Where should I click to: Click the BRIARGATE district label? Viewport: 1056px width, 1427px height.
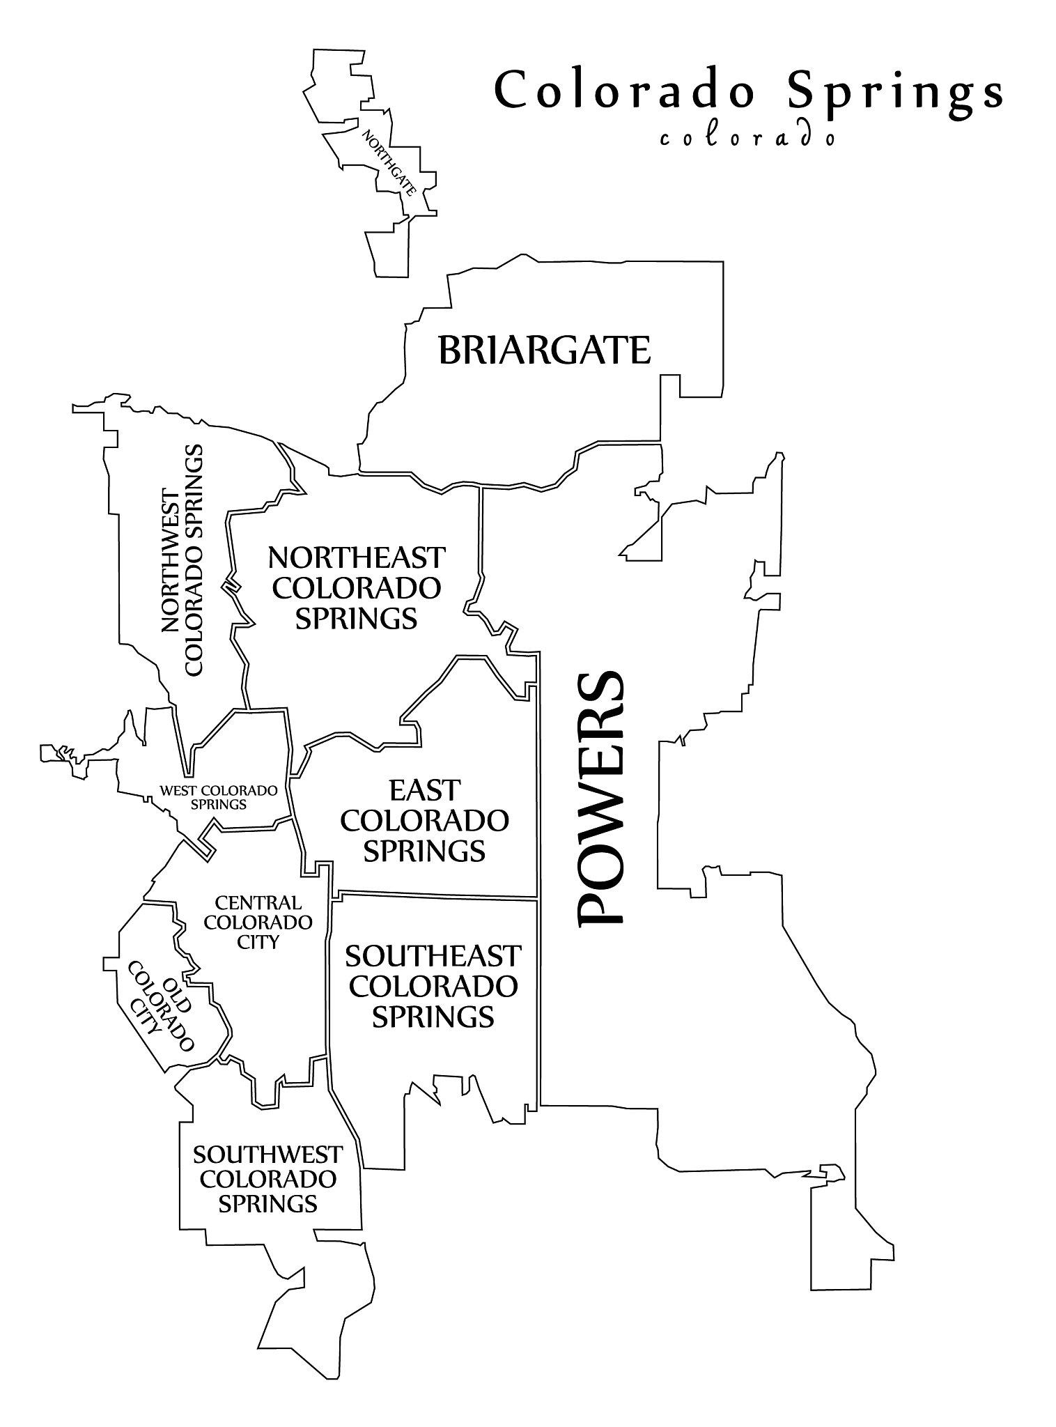[x=544, y=350]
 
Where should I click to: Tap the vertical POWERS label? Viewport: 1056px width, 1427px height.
[x=600, y=798]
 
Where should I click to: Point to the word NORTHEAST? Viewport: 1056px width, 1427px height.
[x=356, y=557]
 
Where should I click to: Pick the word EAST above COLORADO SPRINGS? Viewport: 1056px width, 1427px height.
[x=424, y=790]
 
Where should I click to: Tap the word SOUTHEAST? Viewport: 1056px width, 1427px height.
[x=433, y=955]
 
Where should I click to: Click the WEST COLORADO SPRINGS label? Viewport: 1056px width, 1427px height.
[x=219, y=797]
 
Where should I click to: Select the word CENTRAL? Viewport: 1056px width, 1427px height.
[x=258, y=902]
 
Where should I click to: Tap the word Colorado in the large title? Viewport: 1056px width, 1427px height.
[x=624, y=90]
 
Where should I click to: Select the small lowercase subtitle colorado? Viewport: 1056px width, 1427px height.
[x=747, y=137]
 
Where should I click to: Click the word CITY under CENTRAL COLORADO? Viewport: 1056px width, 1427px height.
[x=258, y=941]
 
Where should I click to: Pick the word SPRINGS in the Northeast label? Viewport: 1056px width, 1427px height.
[x=356, y=618]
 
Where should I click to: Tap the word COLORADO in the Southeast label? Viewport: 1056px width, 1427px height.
[x=433, y=986]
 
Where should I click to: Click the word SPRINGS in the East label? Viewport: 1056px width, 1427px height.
[x=424, y=851]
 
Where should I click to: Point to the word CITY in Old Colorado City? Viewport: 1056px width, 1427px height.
[x=148, y=1019]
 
